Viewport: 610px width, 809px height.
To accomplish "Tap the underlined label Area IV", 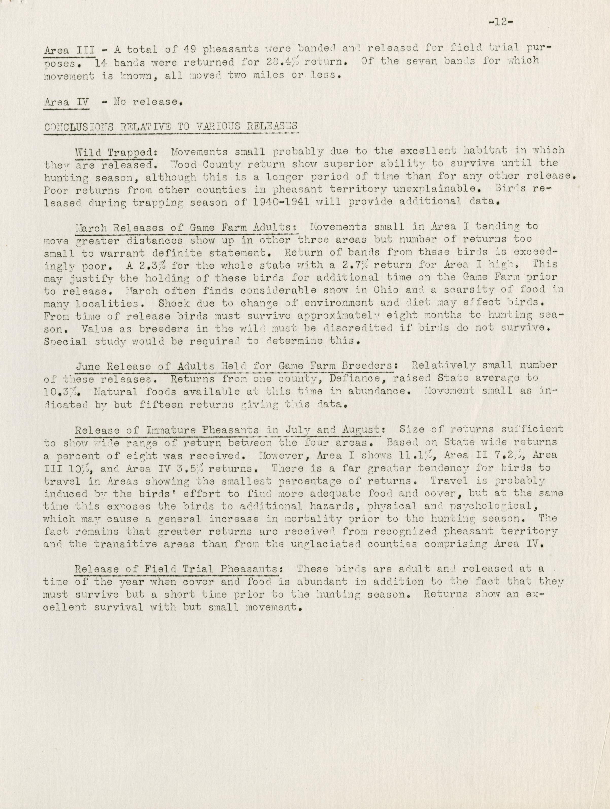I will point(66,102).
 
